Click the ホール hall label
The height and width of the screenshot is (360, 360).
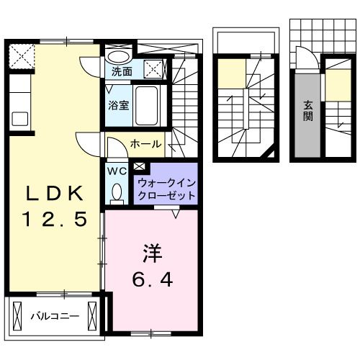coord(145,145)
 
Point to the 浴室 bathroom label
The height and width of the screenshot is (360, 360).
coord(119,105)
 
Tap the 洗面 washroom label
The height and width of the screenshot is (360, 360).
coord(122,72)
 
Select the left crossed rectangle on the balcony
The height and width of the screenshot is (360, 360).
coord(17,315)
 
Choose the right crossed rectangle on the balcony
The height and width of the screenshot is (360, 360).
coord(92,315)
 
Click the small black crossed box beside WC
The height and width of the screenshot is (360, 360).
coord(138,168)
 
